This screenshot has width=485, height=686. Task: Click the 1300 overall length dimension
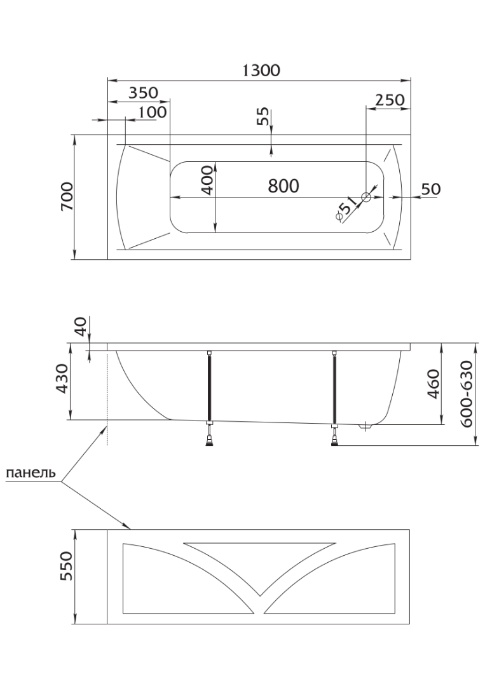pyautogui.click(x=261, y=70)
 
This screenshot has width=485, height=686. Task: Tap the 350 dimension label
pyautogui.click(x=143, y=93)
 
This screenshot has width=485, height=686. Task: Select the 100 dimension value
pyautogui.click(x=153, y=112)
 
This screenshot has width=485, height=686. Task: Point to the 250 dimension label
pyautogui.click(x=390, y=100)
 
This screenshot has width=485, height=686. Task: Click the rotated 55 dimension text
pyautogui.click(x=263, y=117)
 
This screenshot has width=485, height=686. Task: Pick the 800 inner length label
pyautogui.click(x=283, y=186)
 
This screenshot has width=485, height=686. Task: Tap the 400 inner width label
pyautogui.click(x=208, y=180)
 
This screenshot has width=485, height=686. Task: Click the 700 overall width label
pyautogui.click(x=67, y=196)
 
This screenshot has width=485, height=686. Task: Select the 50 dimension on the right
pyautogui.click(x=431, y=189)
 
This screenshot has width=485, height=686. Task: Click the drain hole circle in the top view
pyautogui.click(x=366, y=198)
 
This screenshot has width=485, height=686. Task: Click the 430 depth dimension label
pyautogui.click(x=62, y=378)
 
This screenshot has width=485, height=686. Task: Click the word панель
pyautogui.click(x=31, y=473)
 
